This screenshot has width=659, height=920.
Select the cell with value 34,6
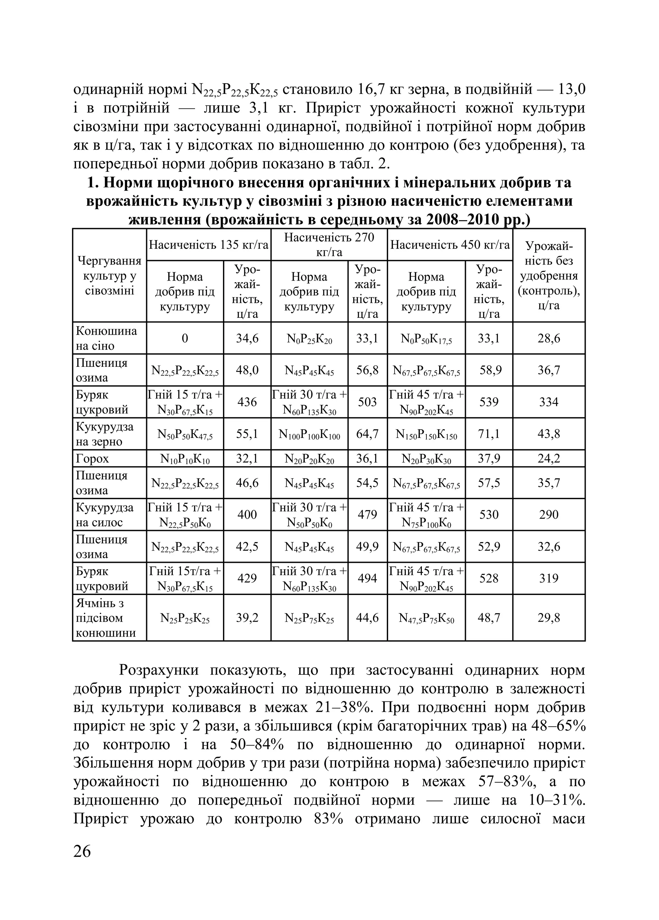click(x=247, y=338)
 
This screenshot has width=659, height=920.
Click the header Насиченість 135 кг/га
click(x=209, y=245)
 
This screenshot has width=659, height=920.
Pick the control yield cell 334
click(x=549, y=402)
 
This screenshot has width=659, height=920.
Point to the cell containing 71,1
click(x=489, y=434)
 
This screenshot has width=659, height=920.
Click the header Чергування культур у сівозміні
click(x=109, y=276)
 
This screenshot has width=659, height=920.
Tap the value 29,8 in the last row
click(x=549, y=618)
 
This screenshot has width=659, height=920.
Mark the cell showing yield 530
click(x=489, y=514)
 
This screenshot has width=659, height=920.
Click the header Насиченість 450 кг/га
click(x=450, y=245)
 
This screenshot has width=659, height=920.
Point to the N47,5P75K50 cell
click(x=426, y=618)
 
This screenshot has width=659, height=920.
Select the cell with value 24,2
click(x=549, y=458)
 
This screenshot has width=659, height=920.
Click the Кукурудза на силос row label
click(x=105, y=514)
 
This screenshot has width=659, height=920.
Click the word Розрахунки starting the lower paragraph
click(x=159, y=670)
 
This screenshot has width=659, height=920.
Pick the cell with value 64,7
click(x=367, y=434)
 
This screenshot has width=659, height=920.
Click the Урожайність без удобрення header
click(x=549, y=276)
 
